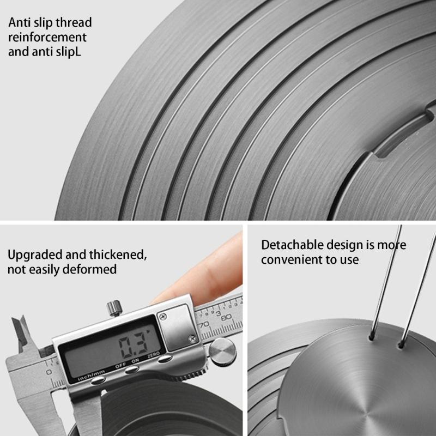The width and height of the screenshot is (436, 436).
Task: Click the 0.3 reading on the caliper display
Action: click(132, 346)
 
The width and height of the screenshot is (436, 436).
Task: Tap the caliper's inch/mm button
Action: click(98, 380)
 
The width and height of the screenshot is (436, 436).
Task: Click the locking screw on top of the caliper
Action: click(114, 308)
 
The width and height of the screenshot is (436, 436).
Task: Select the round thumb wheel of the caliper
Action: click(222, 352)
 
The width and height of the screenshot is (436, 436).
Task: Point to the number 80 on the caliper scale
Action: click(226, 317)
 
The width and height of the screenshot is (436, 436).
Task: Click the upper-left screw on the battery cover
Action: click(163, 317)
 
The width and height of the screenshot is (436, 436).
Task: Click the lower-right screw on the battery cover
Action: click(192, 338)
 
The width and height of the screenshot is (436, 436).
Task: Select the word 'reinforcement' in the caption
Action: click(47, 37)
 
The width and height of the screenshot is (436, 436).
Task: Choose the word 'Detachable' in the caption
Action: click(292, 245)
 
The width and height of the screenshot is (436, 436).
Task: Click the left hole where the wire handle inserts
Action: click(371, 338)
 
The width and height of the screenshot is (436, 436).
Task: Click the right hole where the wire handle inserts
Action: click(401, 346)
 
